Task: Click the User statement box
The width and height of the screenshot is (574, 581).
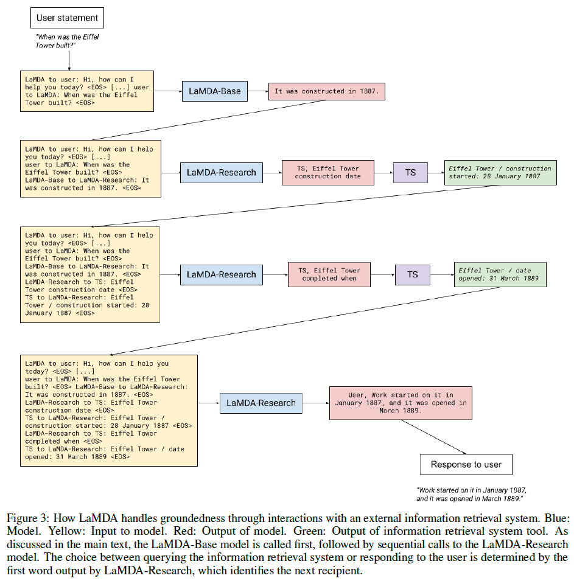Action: click(67, 18)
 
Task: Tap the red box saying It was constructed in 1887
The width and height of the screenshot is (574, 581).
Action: click(327, 91)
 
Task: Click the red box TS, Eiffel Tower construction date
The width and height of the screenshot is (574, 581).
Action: click(327, 172)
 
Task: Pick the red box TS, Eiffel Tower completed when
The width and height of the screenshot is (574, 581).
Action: click(328, 274)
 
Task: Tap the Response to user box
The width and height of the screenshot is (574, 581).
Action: click(466, 465)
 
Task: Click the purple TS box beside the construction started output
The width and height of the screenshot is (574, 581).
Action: click(411, 172)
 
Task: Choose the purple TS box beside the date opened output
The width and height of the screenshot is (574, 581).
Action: click(413, 274)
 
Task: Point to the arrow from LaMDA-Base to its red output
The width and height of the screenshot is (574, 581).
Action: click(254, 92)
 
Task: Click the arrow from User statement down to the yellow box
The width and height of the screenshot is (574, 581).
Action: click(69, 60)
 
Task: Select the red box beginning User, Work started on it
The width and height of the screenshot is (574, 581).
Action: click(400, 402)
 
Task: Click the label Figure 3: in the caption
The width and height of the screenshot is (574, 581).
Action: click(25, 518)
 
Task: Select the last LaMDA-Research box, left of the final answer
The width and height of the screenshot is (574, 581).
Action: click(261, 403)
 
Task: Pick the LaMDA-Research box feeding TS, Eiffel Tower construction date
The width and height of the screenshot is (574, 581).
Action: click(221, 172)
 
